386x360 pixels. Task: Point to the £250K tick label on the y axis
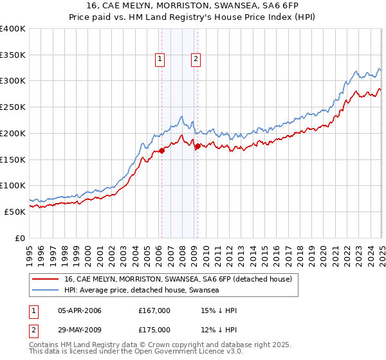click(x=13, y=107)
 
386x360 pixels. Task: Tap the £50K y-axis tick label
click(x=15, y=212)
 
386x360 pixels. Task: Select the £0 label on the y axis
click(x=21, y=238)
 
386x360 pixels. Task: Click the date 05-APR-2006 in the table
click(x=80, y=311)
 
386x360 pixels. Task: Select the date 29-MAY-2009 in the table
click(x=80, y=330)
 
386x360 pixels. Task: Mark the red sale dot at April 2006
click(x=161, y=151)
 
